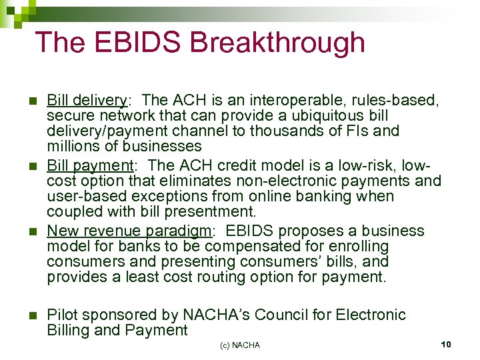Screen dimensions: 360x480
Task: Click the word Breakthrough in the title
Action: [x=278, y=43]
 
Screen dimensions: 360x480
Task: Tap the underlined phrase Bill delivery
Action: [x=87, y=100]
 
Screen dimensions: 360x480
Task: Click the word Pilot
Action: [x=63, y=315]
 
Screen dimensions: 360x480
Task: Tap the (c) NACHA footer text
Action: [x=239, y=345]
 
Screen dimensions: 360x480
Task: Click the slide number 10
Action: [x=446, y=343]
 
